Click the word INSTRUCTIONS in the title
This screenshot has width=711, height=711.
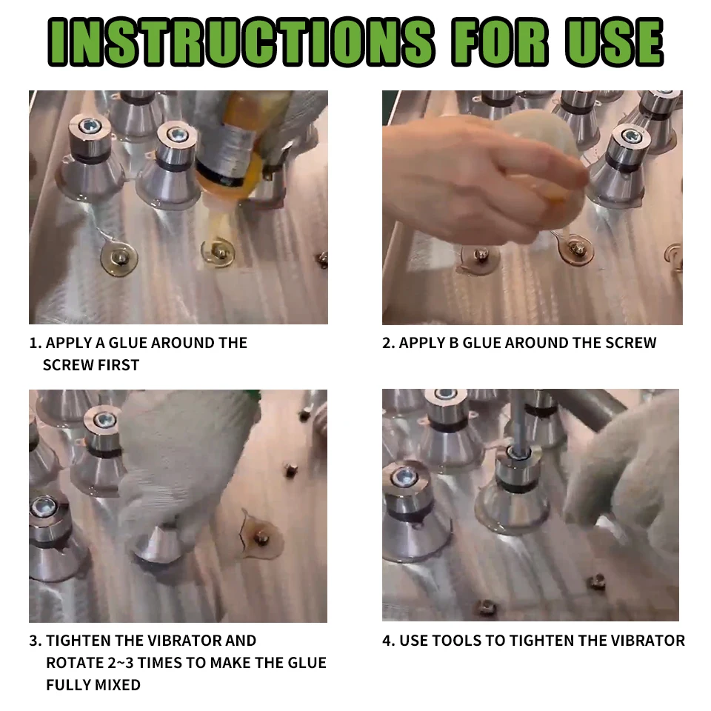tap(241, 42)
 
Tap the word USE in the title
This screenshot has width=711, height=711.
tap(614, 42)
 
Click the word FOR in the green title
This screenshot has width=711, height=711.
tap(500, 42)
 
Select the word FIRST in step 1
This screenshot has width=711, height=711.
tap(119, 365)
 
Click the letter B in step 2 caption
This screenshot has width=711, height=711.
tap(453, 343)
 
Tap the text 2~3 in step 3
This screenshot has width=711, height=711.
tap(121, 663)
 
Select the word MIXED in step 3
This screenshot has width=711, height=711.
tap(116, 684)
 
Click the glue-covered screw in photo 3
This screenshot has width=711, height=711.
tap(261, 538)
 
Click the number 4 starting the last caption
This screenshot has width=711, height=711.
tap(387, 641)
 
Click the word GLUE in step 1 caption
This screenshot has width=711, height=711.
tap(128, 343)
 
